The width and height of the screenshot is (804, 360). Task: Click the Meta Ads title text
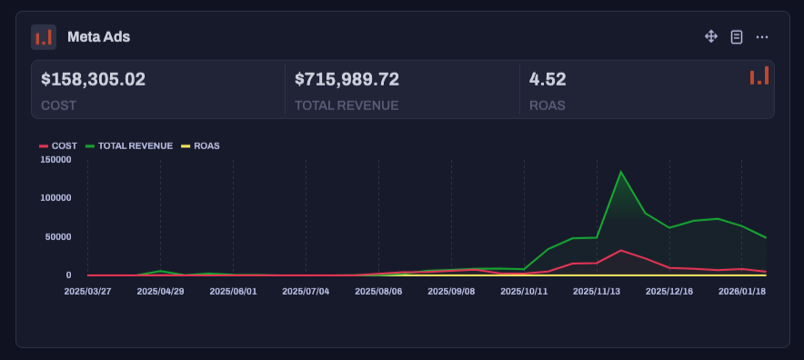(x=98, y=37)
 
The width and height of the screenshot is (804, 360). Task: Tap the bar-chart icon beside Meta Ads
(x=44, y=37)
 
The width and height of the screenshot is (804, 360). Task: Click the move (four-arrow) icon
(x=711, y=36)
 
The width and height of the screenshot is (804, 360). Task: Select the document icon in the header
(x=737, y=36)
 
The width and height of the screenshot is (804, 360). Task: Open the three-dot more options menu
(x=762, y=36)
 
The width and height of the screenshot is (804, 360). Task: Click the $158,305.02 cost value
(x=93, y=79)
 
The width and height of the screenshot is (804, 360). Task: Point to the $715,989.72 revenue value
(x=347, y=79)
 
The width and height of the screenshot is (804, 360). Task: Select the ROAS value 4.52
(x=548, y=79)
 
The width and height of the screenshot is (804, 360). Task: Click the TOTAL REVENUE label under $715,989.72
(x=347, y=105)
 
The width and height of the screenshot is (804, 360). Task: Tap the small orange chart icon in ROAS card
(x=759, y=76)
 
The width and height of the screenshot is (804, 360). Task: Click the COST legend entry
(x=58, y=145)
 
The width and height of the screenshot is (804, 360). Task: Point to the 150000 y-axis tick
(x=56, y=159)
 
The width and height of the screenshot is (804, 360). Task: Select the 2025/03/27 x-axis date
(x=87, y=292)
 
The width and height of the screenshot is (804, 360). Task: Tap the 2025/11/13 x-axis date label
(x=597, y=292)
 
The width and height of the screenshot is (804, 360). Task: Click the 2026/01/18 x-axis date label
(x=742, y=292)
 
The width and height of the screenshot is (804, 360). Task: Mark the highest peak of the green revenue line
(x=620, y=172)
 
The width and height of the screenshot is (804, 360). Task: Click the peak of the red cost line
(x=620, y=250)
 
